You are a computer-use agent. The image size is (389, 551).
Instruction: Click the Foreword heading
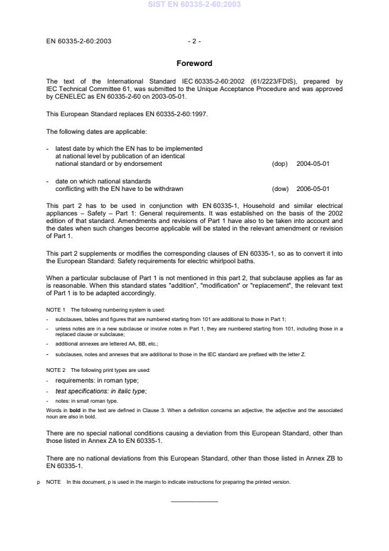coord(194,63)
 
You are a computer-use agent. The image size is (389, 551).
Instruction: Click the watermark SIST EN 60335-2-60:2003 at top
coord(194,4)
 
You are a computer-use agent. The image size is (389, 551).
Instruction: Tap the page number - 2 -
coord(194,41)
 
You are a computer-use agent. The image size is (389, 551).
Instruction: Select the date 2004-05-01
coord(313,163)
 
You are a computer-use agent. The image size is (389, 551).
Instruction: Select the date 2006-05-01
coord(313,188)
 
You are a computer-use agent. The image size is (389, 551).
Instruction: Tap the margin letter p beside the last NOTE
coord(39,482)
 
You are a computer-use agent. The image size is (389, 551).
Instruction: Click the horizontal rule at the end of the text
coord(194,501)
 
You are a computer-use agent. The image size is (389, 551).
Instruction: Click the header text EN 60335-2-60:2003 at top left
coord(79,41)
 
